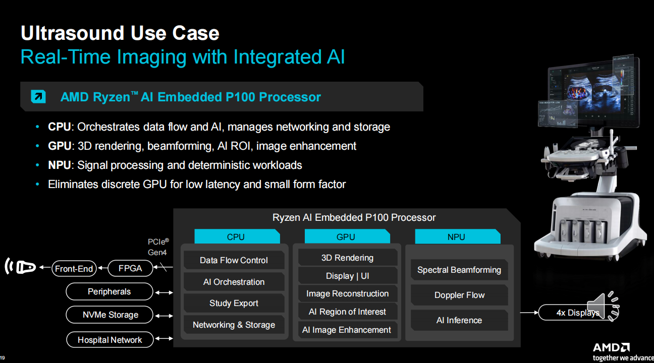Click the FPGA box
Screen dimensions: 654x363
(130, 268)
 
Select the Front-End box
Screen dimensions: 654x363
(74, 268)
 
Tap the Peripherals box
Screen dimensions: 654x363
(110, 291)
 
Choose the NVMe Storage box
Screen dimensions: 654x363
(110, 315)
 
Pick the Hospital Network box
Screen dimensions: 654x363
(110, 340)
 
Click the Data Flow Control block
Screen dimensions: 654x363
(234, 260)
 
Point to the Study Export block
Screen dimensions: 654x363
(234, 303)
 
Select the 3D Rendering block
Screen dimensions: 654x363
(347, 258)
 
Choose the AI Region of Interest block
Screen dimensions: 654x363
(347, 312)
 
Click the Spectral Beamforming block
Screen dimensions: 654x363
(459, 270)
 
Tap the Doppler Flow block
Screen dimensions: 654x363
(459, 295)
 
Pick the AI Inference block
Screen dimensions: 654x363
(459, 320)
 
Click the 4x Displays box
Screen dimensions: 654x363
(577, 313)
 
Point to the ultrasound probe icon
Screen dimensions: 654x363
(20, 266)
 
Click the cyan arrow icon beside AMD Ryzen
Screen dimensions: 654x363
(38, 97)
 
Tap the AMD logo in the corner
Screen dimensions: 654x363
(611, 347)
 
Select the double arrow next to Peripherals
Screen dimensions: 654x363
(164, 292)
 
